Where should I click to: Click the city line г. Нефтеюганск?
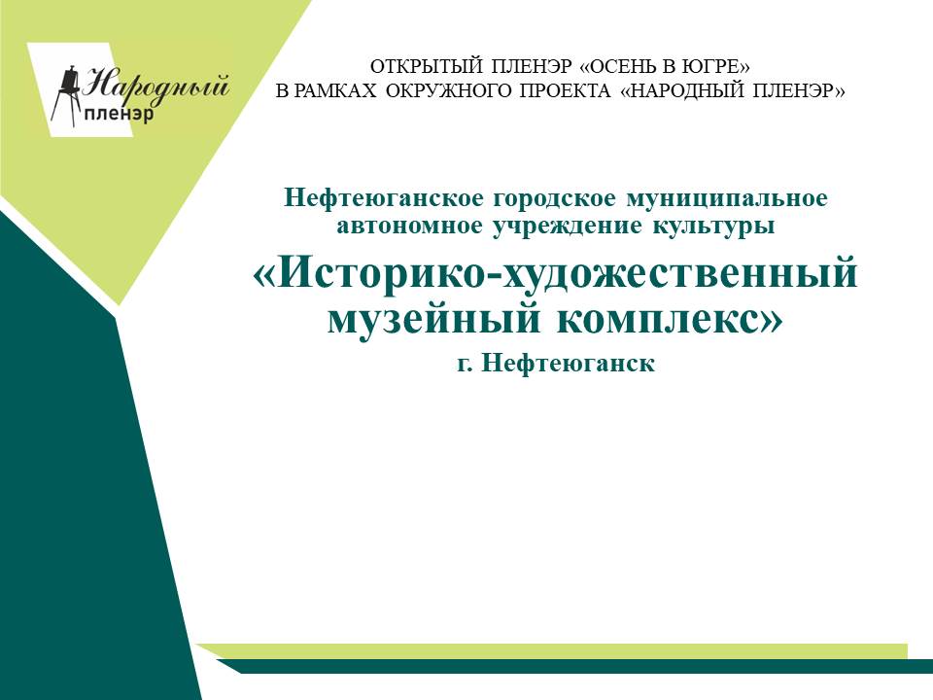[556, 363]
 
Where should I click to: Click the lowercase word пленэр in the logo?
[119, 114]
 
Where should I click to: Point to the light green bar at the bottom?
[553, 651]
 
